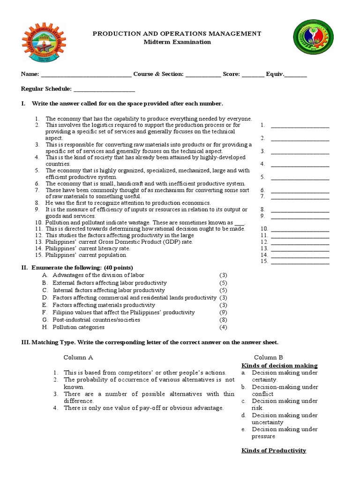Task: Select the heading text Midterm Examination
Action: (177, 42)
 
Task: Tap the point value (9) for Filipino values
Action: (223, 312)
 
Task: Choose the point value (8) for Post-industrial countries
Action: (223, 320)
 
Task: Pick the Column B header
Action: (269, 357)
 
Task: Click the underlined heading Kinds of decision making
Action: (279, 365)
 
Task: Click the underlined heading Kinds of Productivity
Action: (274, 450)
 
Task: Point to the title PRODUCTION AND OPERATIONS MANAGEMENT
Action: (177, 34)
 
